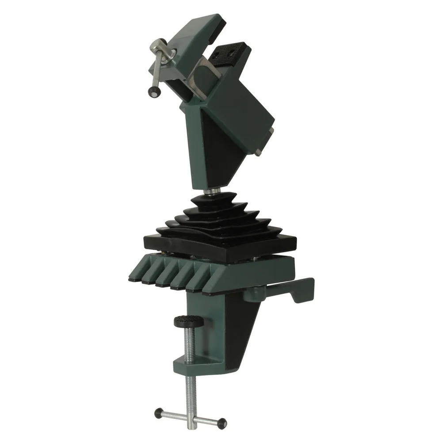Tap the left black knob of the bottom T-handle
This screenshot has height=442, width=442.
click(158, 413)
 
